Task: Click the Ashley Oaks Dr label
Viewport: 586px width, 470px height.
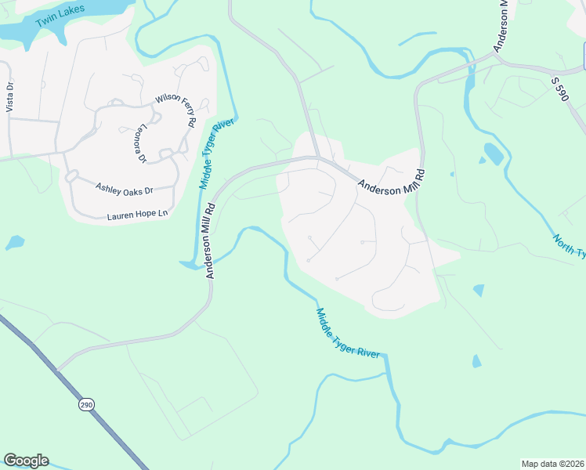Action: click(124, 189)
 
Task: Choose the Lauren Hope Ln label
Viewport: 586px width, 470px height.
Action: click(139, 214)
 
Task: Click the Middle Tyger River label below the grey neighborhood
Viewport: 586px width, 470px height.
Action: click(348, 332)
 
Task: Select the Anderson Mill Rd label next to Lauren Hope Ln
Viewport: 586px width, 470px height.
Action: click(211, 241)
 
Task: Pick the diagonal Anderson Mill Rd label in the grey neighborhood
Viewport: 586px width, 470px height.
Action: click(390, 184)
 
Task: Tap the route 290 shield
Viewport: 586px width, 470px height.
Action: click(85, 404)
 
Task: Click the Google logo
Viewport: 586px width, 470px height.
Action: click(26, 461)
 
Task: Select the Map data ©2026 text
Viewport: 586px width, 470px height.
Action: click(552, 464)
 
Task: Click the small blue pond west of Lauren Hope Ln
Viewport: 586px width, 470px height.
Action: click(14, 243)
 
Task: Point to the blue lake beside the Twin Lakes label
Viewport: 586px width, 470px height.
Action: click(20, 31)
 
